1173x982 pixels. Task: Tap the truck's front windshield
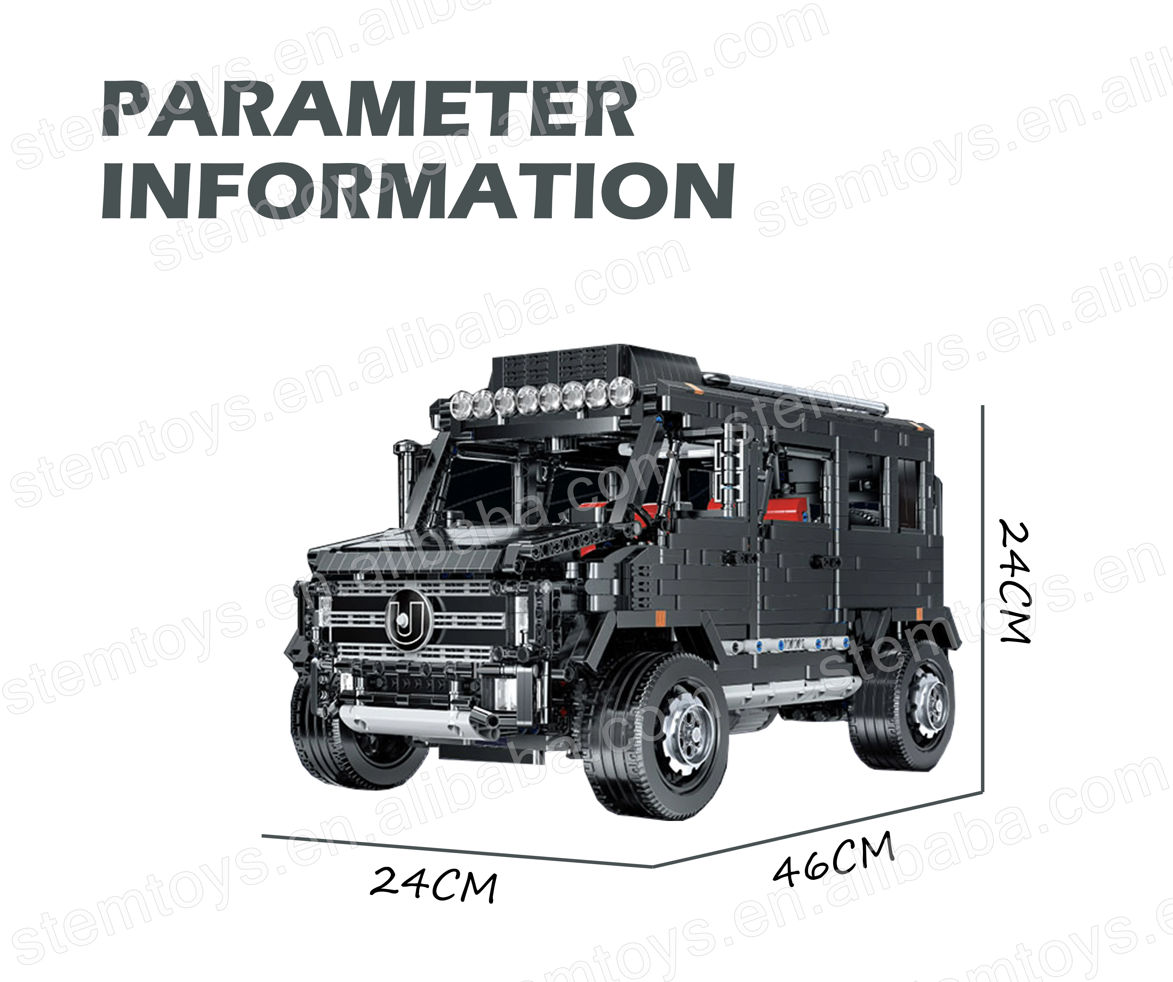point(492,492)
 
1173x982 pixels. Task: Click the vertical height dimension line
point(982,598)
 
